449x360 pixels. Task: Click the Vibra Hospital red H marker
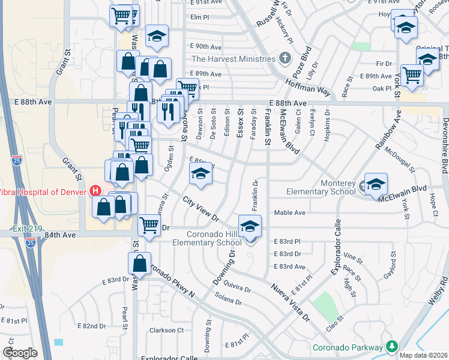coord(95,191)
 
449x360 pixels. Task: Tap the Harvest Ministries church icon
coord(285,59)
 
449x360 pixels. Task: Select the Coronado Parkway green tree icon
coord(392,347)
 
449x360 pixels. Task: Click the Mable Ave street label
coord(290,213)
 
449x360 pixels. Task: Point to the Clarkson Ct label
coord(166,330)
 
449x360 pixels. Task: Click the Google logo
coord(20,353)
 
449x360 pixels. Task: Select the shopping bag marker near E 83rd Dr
coord(139,263)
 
